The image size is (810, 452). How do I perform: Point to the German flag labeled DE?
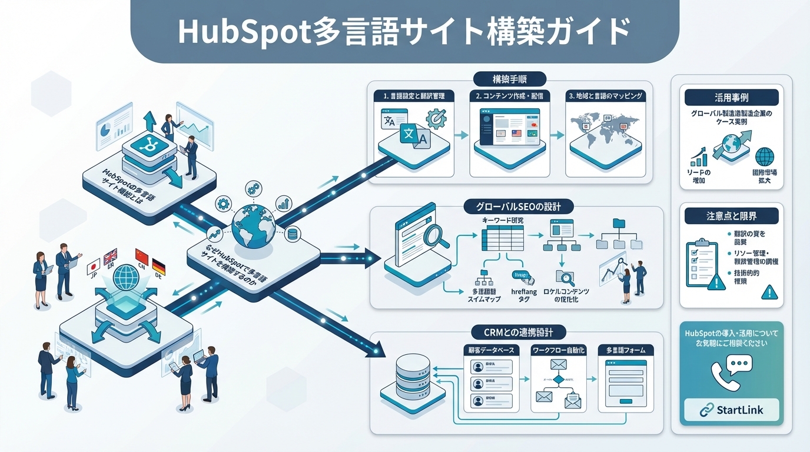tap(158, 267)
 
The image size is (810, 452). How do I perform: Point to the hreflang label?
tap(522, 291)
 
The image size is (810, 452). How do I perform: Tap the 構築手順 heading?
tap(510, 79)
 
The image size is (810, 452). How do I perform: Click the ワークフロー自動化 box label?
tap(557, 350)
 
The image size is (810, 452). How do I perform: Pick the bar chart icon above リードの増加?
tap(699, 156)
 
